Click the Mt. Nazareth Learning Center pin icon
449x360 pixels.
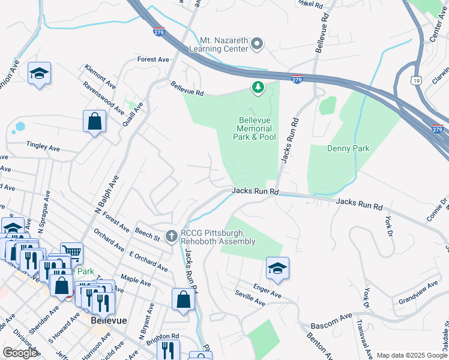(258, 43)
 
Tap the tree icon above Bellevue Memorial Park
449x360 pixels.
(258, 89)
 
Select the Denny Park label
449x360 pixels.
(348, 148)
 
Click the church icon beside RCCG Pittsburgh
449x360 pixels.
(172, 236)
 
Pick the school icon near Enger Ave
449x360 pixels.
(277, 268)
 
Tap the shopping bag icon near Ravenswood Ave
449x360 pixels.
(94, 122)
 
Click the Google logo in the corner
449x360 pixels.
(20, 353)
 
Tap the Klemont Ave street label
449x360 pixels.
(100, 74)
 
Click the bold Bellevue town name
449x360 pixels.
(109, 320)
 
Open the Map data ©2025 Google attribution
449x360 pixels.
(412, 355)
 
